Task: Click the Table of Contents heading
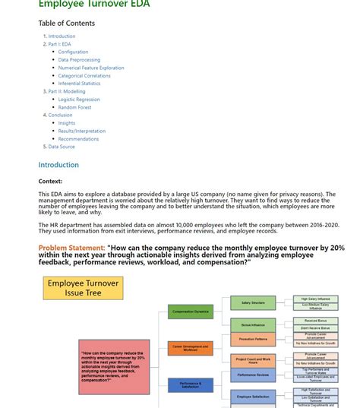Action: (x=67, y=24)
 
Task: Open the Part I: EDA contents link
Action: (x=59, y=44)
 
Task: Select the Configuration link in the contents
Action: (x=73, y=52)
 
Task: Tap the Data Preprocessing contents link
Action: (x=79, y=60)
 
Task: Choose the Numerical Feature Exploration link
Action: (x=91, y=68)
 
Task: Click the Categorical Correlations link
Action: (x=84, y=76)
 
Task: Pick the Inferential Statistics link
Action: (x=79, y=84)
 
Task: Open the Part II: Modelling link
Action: (x=67, y=91)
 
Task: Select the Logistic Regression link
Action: (x=79, y=100)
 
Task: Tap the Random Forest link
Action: (x=74, y=107)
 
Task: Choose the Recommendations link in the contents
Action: (x=78, y=139)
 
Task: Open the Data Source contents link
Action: (x=62, y=147)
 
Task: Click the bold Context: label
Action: (x=50, y=182)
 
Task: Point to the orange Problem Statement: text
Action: (x=71, y=248)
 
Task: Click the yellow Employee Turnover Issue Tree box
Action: (x=84, y=288)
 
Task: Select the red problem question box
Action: (x=114, y=366)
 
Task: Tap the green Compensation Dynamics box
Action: (x=190, y=312)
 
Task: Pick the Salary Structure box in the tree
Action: (x=253, y=303)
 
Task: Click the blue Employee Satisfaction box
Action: (x=253, y=397)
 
